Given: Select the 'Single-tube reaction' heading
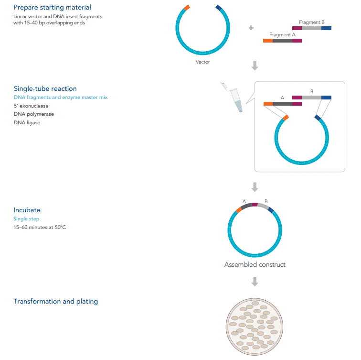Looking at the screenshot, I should [45, 88].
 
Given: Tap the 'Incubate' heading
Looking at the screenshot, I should [27, 210].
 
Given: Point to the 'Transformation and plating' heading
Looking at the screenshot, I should [55, 301].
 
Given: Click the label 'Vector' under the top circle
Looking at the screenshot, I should [202, 62].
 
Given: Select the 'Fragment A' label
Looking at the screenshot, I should [282, 34].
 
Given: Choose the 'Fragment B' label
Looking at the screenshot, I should [311, 22].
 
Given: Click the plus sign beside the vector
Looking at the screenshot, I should [251, 28].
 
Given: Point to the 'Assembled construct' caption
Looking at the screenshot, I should [255, 264].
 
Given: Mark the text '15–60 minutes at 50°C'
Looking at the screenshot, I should [40, 227].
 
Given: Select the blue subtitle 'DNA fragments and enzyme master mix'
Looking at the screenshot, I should [61, 97].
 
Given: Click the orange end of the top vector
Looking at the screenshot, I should [187, 7].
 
